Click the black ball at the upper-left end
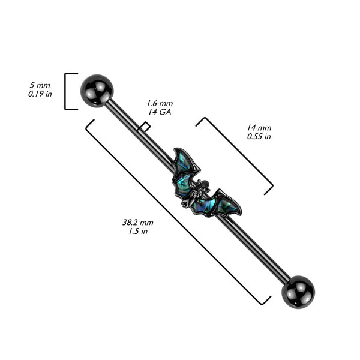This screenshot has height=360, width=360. (x=97, y=90)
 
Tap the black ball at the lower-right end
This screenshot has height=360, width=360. (x=298, y=290)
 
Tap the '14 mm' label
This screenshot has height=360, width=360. (x=259, y=128)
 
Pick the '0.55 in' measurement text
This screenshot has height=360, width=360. (x=259, y=137)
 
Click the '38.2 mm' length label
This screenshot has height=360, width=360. (x=135, y=221)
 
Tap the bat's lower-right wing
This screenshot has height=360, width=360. (x=224, y=203)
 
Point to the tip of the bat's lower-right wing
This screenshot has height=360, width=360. (x=239, y=211)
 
